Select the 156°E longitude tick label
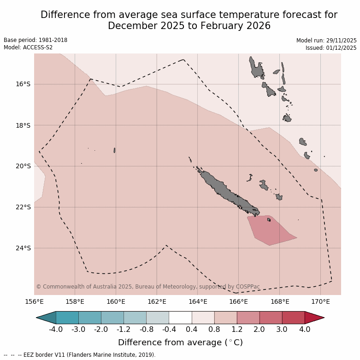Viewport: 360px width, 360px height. point(34,302)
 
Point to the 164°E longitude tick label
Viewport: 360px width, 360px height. point(197,302)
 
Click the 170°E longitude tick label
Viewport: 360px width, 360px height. point(320,302)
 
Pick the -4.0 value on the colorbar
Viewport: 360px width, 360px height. point(56,329)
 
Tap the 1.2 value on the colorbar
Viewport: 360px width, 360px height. point(237,329)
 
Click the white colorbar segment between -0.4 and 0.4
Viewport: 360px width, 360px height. point(180,318)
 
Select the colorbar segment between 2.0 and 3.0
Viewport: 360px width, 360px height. point(271,318)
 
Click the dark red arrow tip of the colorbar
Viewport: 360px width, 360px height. point(314,318)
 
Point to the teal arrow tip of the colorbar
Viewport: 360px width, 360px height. point(46,318)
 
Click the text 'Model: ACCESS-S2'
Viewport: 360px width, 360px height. point(28,47)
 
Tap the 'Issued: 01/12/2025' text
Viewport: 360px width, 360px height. point(331,47)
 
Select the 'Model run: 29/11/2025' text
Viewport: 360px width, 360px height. point(326,40)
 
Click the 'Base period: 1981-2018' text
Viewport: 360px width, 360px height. point(35,40)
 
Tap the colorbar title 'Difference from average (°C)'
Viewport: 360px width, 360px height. point(180,342)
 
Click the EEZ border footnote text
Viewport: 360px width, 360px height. point(80,355)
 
